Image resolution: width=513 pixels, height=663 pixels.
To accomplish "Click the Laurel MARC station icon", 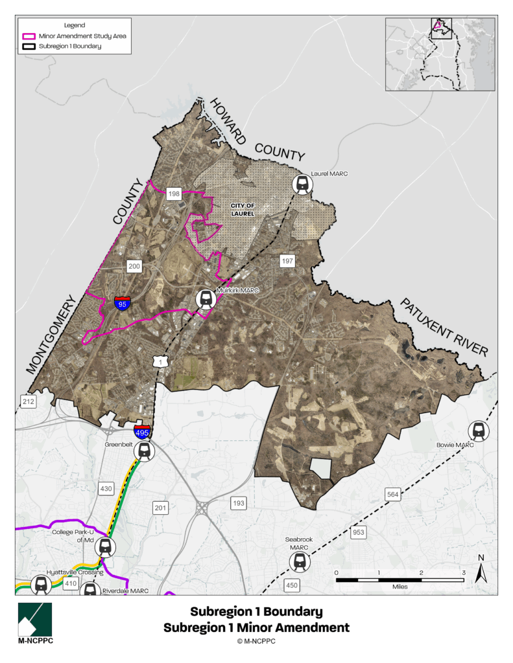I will (302, 185).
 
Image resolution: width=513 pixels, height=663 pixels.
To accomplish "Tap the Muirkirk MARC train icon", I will (206, 300).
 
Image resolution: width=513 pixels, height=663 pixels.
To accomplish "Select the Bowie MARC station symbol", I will (479, 431).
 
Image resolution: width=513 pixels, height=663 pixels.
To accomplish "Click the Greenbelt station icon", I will (145, 451).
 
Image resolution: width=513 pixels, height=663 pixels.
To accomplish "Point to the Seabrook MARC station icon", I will (300, 561).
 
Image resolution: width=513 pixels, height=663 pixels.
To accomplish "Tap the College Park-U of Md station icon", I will (105, 548).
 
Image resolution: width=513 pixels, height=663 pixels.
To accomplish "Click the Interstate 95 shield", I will (122, 303).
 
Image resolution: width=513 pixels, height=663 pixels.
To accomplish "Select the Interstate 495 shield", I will (143, 432).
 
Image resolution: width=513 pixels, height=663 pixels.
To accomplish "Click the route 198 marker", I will (174, 194).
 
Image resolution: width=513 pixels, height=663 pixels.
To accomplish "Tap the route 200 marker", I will (134, 266).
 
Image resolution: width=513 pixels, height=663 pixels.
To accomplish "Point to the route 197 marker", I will (287, 261).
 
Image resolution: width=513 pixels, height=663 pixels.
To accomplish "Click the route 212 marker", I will (28, 401).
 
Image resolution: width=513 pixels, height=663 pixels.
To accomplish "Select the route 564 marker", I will (393, 495).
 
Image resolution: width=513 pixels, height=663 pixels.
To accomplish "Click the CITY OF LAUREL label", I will (243, 209).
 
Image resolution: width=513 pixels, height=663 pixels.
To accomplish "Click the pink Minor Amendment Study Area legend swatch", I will (29, 36).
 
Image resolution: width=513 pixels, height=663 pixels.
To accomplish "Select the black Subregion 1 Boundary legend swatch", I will (29, 46).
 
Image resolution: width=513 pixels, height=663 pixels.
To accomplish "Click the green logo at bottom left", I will (35, 620).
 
